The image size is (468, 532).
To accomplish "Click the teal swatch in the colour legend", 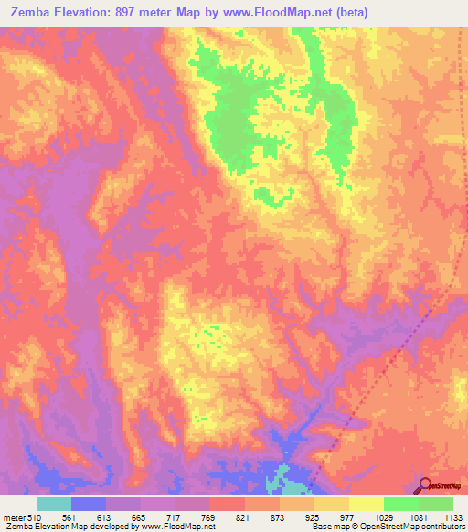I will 54,503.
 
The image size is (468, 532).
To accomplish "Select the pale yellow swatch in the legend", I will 367,503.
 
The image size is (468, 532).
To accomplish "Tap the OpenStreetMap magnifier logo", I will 423,485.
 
